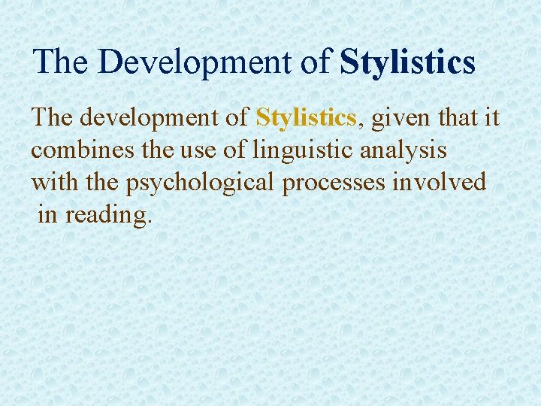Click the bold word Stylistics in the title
pyautogui.click(x=407, y=62)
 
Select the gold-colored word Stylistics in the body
pyautogui.click(x=305, y=119)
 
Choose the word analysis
pyautogui.click(x=403, y=150)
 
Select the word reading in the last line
pyautogui.click(x=107, y=215)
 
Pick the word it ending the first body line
pyautogui.click(x=491, y=119)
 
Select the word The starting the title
pyautogui.click(x=61, y=62)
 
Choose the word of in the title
pyautogui.click(x=316, y=62)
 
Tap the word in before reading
pyautogui.click(x=47, y=215)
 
